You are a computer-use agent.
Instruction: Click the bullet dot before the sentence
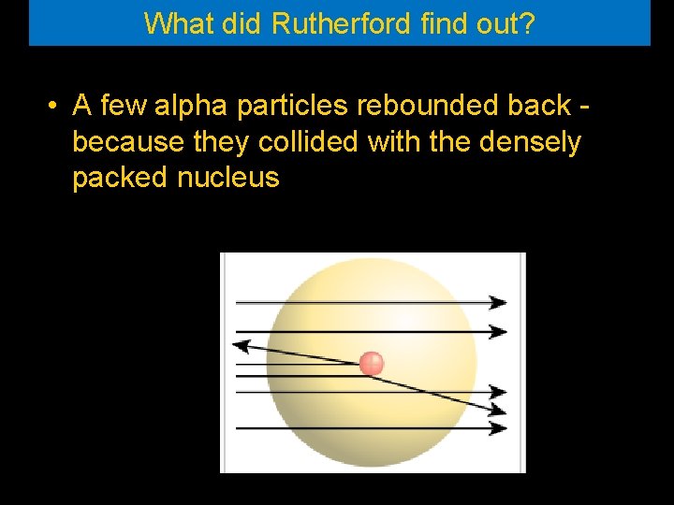55,106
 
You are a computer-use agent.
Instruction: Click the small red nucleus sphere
372,363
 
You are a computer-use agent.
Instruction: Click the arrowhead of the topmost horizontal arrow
498,302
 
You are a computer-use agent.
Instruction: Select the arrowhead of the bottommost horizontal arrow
498,429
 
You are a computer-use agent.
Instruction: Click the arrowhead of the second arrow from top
498,331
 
